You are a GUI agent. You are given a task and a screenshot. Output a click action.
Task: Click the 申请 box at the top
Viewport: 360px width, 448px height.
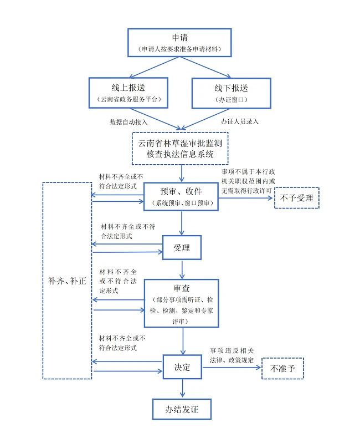click(179, 43)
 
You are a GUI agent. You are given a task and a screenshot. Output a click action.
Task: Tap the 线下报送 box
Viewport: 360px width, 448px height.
click(231, 93)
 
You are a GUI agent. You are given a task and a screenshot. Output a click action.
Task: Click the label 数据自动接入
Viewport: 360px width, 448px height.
click(128, 121)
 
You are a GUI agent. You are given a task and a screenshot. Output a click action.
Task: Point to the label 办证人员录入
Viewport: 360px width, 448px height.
click(239, 121)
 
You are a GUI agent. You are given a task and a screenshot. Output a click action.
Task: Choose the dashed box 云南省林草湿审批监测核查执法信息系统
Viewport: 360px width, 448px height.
click(179, 148)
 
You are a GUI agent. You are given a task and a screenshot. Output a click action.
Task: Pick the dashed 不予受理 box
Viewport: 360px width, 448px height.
click(297, 198)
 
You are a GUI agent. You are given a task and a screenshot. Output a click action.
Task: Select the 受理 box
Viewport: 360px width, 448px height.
click(182, 248)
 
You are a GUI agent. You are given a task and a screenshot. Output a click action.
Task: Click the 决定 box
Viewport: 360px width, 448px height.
click(182, 367)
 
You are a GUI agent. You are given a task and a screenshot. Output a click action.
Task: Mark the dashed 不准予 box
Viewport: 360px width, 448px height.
click(282, 368)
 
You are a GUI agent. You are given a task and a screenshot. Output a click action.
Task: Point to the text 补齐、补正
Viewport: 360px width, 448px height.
click(67, 281)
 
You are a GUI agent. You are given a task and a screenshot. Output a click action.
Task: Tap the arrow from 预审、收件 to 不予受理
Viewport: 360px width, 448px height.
click(246, 197)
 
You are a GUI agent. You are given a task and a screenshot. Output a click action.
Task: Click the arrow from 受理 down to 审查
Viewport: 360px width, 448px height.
click(182, 269)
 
